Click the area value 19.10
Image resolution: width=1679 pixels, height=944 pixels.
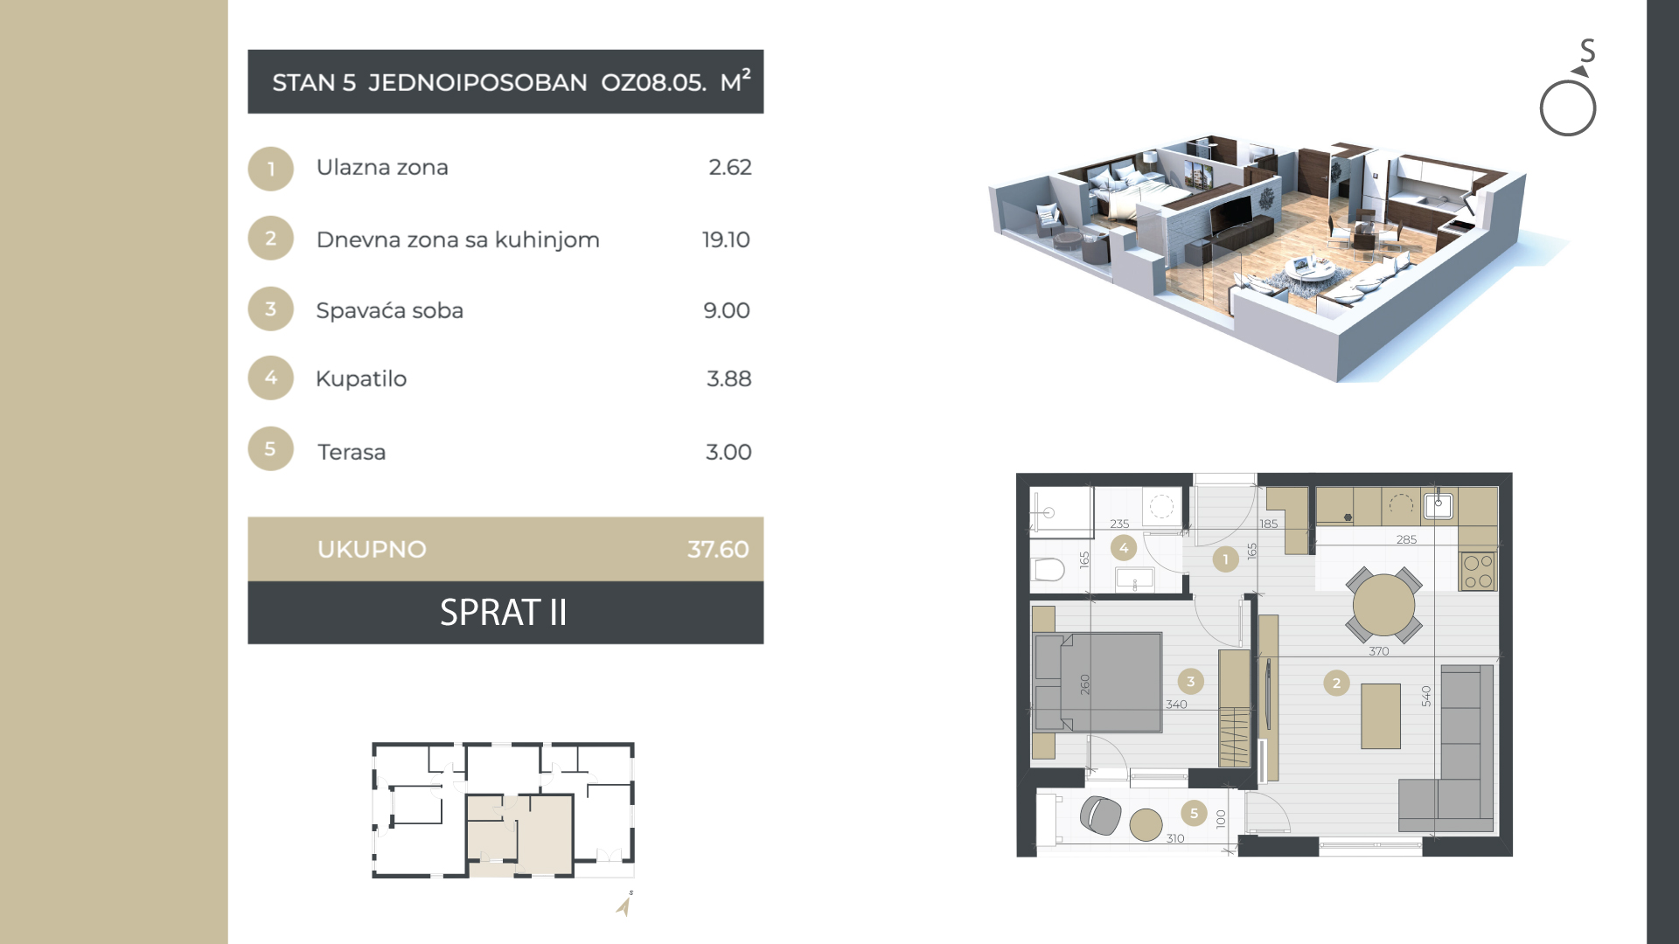pyautogui.click(x=726, y=239)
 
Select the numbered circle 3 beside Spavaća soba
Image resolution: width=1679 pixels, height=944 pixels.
pyautogui.click(x=271, y=309)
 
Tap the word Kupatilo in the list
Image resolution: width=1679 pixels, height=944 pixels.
pyautogui.click(x=361, y=379)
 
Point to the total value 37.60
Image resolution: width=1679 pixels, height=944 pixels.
pyautogui.click(x=718, y=549)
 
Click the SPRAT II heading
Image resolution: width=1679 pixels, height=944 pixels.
pyautogui.click(x=504, y=613)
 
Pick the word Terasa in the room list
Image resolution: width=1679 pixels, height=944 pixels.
pyautogui.click(x=352, y=452)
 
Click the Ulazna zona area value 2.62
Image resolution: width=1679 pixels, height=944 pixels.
pyautogui.click(x=730, y=167)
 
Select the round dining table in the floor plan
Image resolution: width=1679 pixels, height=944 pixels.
pyautogui.click(x=1383, y=605)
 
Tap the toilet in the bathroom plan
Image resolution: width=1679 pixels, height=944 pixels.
pyautogui.click(x=1048, y=570)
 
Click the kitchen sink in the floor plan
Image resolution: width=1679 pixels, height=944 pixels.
pyautogui.click(x=1439, y=505)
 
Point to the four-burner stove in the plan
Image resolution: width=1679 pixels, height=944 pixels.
pyautogui.click(x=1478, y=572)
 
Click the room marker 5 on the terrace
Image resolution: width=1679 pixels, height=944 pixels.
pyautogui.click(x=1194, y=813)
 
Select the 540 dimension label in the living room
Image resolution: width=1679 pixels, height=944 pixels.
pyautogui.click(x=1426, y=696)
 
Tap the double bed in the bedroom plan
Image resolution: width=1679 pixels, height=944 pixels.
pyautogui.click(x=1098, y=682)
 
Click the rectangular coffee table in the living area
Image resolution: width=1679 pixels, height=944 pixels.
pyautogui.click(x=1381, y=716)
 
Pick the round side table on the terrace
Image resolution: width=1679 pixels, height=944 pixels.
pyautogui.click(x=1146, y=824)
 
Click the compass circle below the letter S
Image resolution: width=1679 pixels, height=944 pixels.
pyautogui.click(x=1568, y=108)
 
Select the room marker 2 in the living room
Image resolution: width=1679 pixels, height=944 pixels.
pyautogui.click(x=1336, y=684)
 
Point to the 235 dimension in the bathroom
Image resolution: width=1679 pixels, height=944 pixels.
pyautogui.click(x=1119, y=524)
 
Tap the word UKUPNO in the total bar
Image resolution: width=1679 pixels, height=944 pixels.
pyautogui.click(x=372, y=549)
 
